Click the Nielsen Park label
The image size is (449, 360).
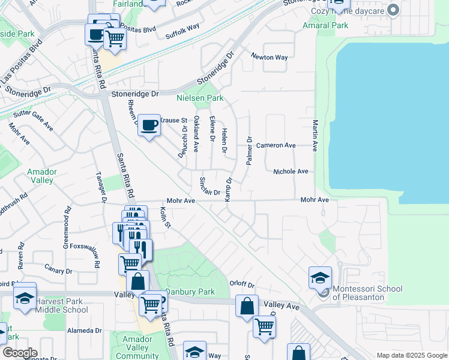point(199,98)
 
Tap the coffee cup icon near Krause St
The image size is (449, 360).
point(149,125)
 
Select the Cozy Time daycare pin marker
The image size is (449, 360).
point(393,10)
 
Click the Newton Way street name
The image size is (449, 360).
point(270,58)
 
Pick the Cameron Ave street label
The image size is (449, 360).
point(276,145)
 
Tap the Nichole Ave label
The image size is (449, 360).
point(291,172)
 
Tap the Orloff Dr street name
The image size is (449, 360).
point(242,284)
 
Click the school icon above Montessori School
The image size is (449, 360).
point(320,277)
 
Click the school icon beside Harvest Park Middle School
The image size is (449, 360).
point(25,298)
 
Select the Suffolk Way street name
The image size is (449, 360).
point(182,29)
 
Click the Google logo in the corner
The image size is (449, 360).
point(19,353)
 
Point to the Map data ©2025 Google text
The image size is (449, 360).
point(411,355)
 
